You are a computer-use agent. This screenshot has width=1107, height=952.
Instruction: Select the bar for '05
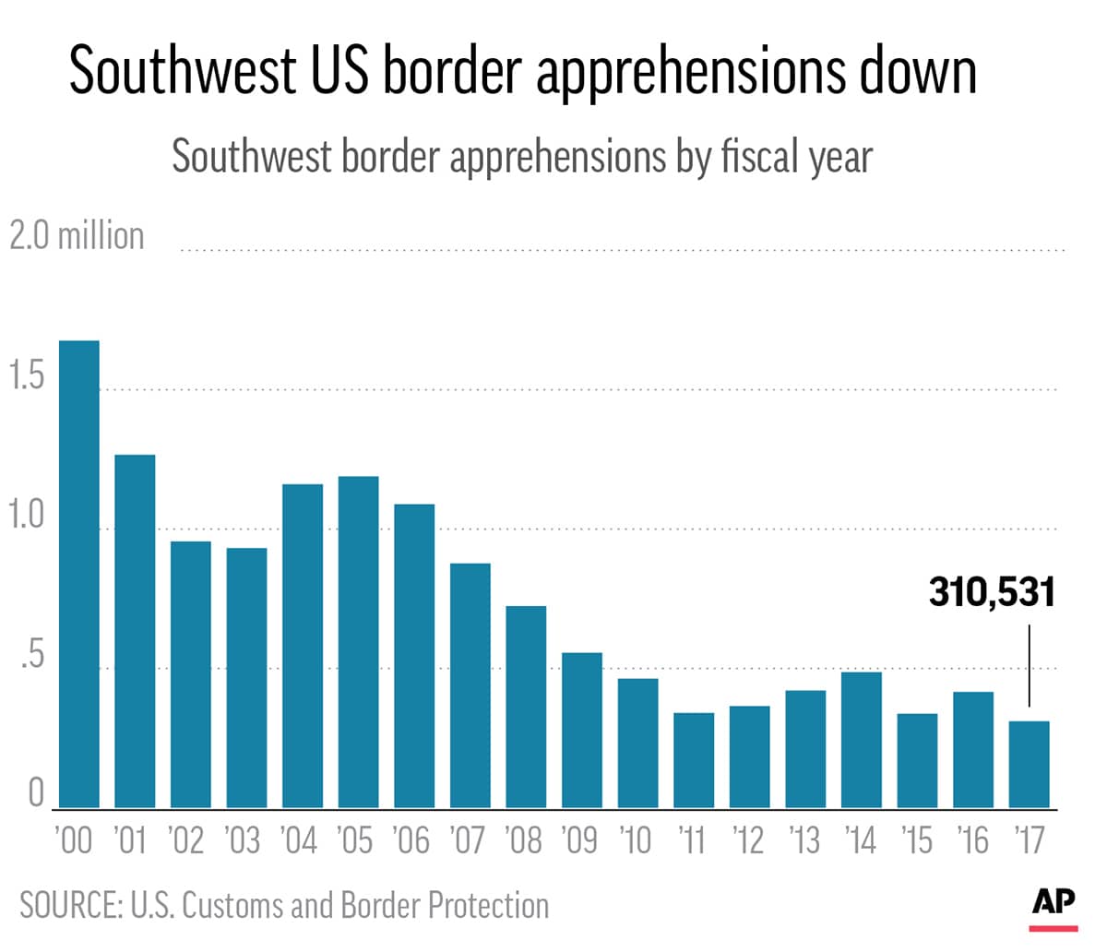(358, 642)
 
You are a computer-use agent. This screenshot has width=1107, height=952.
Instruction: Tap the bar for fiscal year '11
(694, 760)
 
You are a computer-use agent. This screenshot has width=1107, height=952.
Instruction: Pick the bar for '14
(862, 740)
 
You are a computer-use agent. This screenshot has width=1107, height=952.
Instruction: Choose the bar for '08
(526, 707)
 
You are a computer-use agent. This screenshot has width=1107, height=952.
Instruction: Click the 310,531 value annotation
(991, 592)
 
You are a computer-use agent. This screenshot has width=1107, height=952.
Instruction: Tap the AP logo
(1053, 903)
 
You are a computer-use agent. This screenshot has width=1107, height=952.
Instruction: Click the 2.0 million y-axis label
(77, 236)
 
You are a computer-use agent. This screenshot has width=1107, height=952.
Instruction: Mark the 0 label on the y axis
(36, 791)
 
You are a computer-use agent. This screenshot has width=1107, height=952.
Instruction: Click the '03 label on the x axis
(243, 840)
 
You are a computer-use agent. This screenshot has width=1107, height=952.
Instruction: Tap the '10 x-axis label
(637, 840)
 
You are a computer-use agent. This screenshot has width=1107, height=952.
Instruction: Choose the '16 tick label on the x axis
(972, 840)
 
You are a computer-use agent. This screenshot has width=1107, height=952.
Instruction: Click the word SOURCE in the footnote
(70, 905)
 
